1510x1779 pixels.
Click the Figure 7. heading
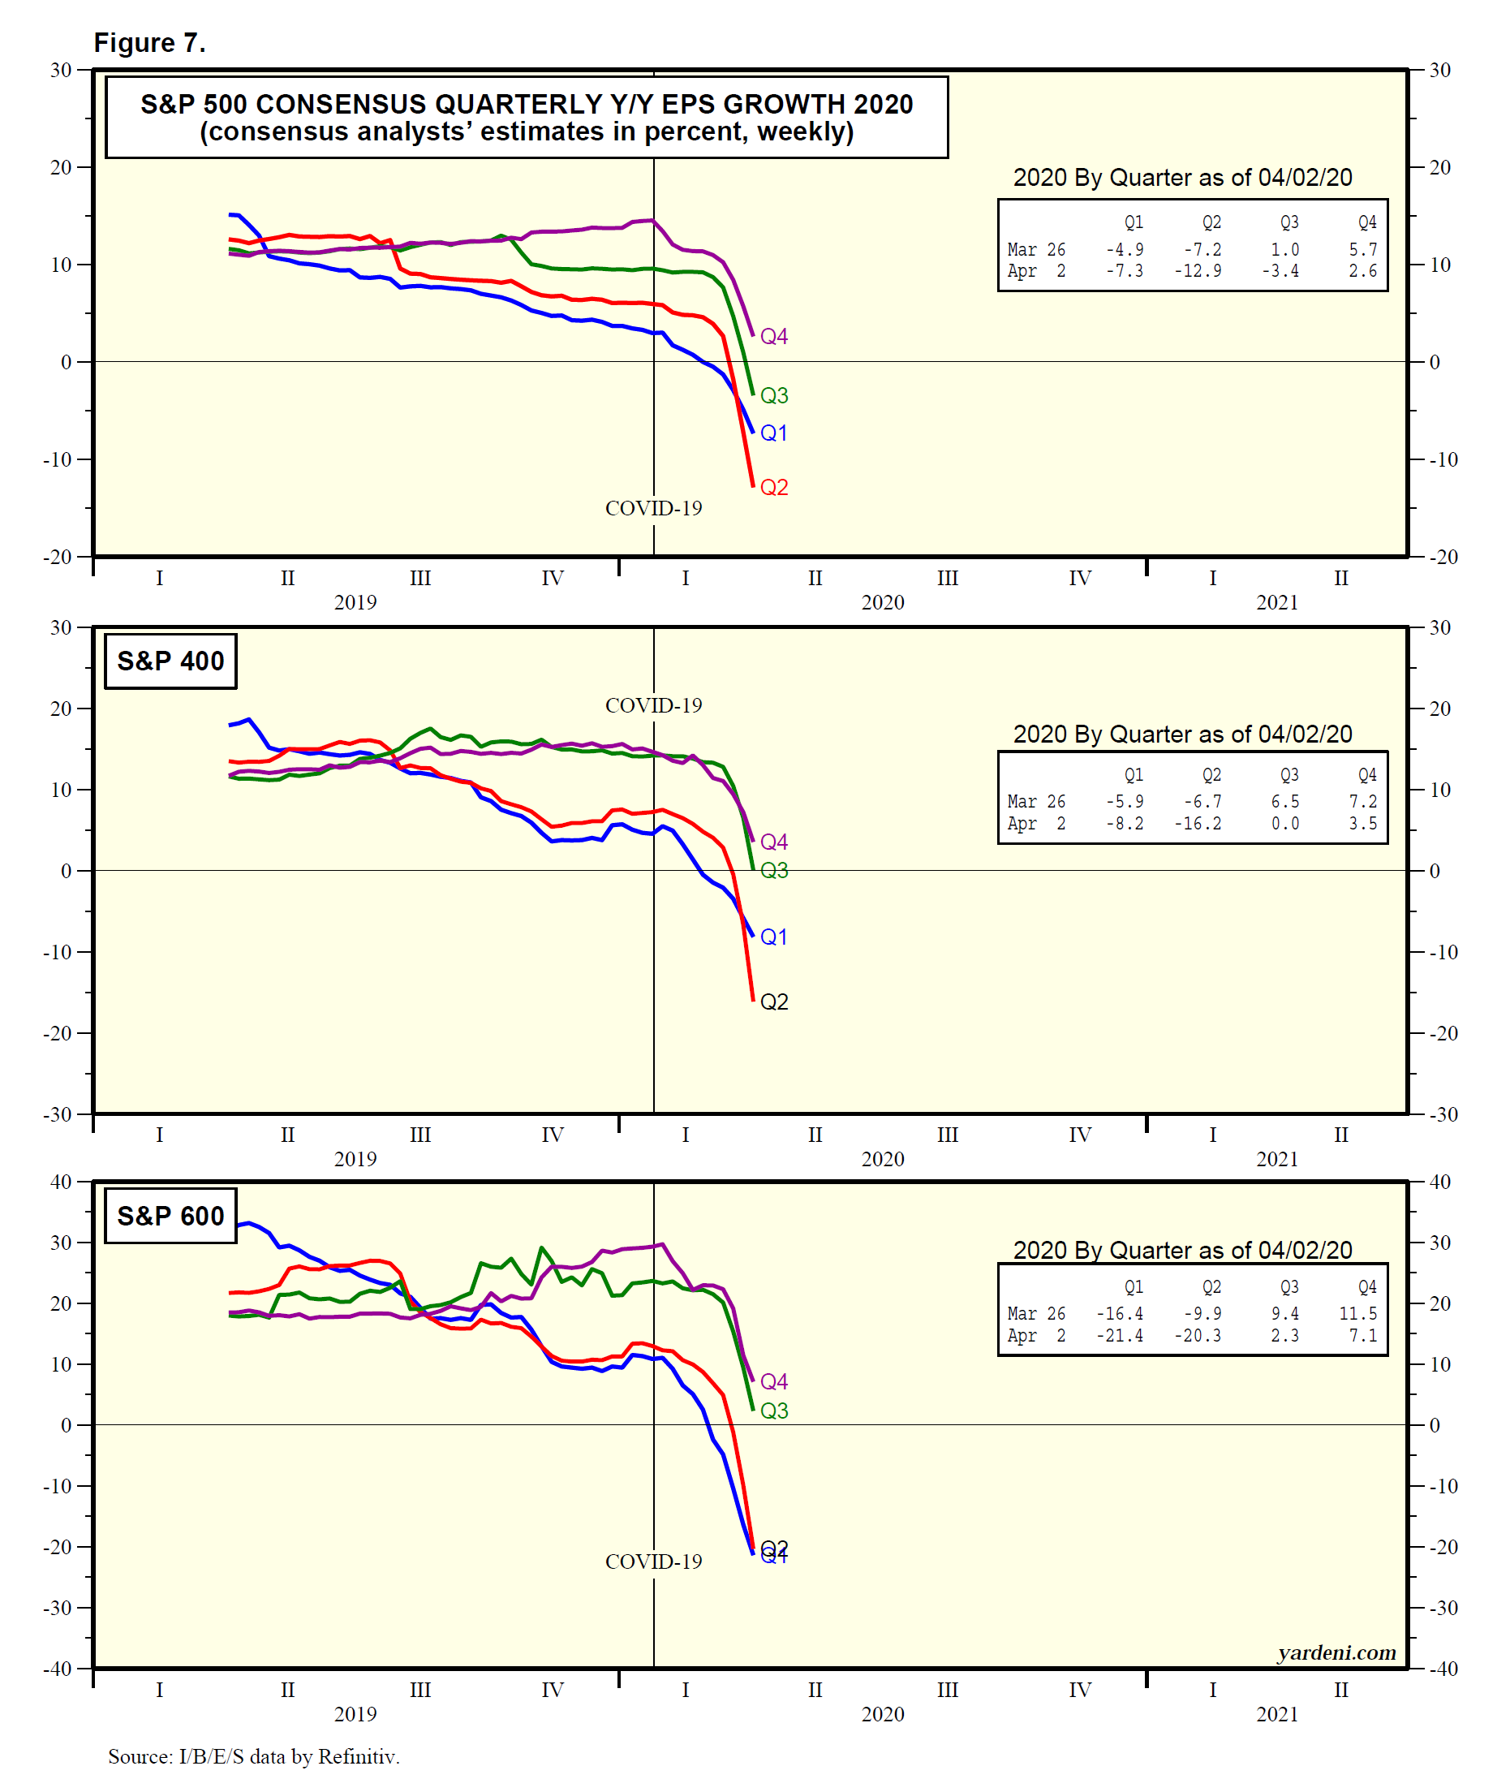pyautogui.click(x=150, y=43)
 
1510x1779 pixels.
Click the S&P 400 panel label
pyautogui.click(x=170, y=661)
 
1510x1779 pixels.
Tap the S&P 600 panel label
pyautogui.click(x=170, y=1216)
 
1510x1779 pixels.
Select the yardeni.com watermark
pyautogui.click(x=1336, y=1652)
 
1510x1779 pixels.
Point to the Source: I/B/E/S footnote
pyautogui.click(x=253, y=1757)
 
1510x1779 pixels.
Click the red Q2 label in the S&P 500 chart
pyautogui.click(x=774, y=487)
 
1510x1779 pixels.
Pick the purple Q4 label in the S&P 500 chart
pyautogui.click(x=774, y=337)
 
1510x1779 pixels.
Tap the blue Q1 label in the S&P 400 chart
pyautogui.click(x=774, y=937)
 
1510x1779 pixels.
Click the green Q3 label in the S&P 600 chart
pyautogui.click(x=774, y=1410)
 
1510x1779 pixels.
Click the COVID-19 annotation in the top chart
pyautogui.click(x=653, y=509)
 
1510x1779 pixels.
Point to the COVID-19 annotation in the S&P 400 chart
pyautogui.click(x=653, y=705)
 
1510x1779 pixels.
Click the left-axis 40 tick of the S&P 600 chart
pyautogui.click(x=61, y=1182)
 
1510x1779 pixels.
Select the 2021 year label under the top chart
pyautogui.click(x=1276, y=603)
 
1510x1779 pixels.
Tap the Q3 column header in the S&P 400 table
pyautogui.click(x=1288, y=775)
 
